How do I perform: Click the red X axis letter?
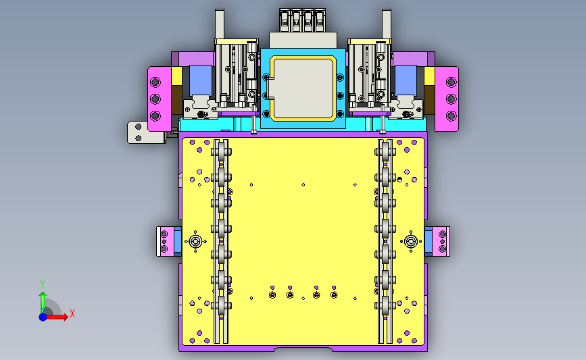pos(72,313)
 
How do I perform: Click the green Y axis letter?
pos(43,284)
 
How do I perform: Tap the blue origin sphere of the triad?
pos(43,317)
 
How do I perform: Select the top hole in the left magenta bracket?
pos(155,82)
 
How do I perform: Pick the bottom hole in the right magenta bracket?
pos(451,115)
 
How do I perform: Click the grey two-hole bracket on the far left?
pos(146,132)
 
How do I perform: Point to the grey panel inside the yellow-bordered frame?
pos(303,88)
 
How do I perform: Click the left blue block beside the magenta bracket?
pos(201,80)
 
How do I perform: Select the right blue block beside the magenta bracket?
pos(406,80)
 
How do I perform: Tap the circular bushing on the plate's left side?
pos(195,242)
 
